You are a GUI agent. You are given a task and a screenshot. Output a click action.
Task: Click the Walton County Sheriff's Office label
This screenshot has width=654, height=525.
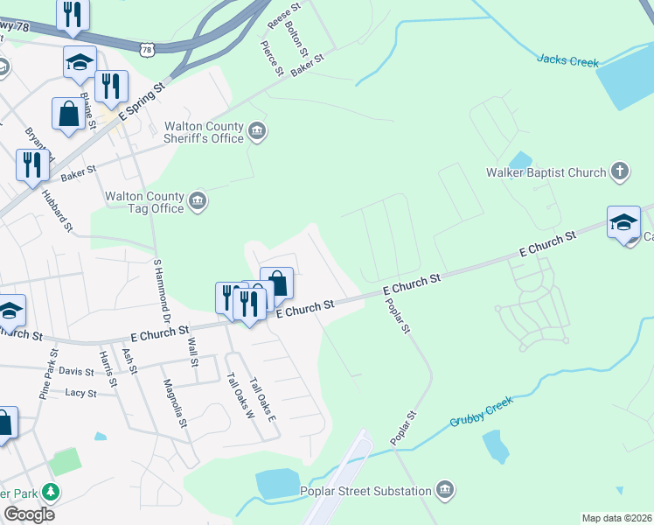204,132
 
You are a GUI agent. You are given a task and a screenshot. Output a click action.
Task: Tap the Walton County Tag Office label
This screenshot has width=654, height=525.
144,203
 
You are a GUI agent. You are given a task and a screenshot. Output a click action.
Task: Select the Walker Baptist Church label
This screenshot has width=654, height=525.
546,172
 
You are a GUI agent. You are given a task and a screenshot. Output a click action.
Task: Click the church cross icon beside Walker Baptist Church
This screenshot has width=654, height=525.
619,171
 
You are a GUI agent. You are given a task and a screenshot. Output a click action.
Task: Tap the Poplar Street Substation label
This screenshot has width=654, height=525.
365,491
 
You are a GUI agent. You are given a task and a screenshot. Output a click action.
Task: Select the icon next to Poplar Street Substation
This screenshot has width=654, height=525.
444,488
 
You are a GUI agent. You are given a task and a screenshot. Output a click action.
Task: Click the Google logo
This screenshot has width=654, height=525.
29,514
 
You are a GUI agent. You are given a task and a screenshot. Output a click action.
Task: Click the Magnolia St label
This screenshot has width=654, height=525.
175,402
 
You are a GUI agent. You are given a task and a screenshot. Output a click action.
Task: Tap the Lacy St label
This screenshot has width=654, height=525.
80,394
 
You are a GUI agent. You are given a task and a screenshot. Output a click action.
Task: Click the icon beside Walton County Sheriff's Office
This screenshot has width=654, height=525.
257,132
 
